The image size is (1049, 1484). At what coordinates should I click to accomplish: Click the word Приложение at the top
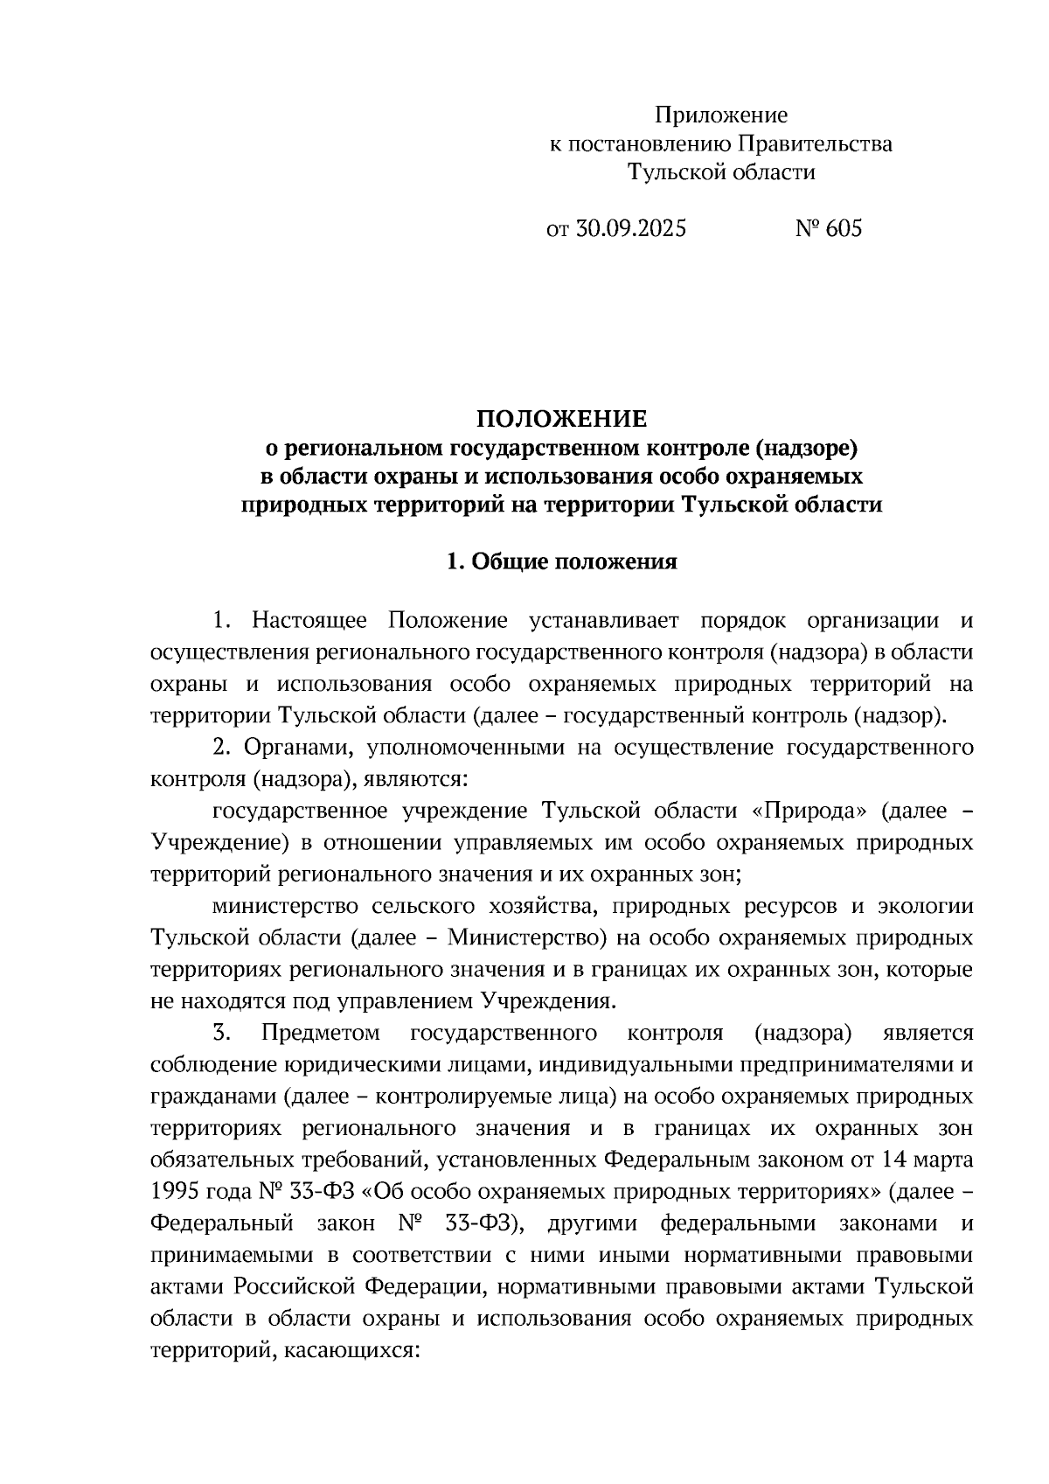[721, 115]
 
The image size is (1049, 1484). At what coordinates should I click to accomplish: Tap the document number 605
[843, 229]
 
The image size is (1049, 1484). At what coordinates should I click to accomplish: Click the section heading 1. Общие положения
[561, 561]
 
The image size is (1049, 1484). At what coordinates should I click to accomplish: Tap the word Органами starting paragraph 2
[297, 748]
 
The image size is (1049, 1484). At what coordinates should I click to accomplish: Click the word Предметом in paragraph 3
[321, 1033]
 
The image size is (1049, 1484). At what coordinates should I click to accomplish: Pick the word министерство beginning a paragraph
[278, 906]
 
